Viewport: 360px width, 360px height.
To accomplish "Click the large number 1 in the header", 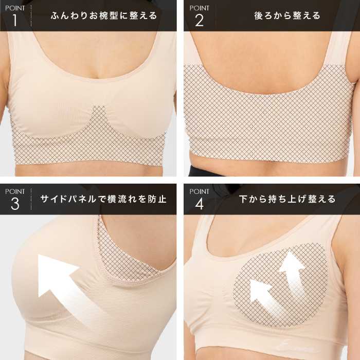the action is pyautogui.click(x=15, y=20).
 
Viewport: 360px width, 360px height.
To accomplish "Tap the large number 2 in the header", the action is pyautogui.click(x=200, y=21).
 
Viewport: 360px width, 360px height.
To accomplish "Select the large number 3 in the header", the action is pyautogui.click(x=15, y=204).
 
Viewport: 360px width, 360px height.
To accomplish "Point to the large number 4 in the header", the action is pyautogui.click(x=200, y=204).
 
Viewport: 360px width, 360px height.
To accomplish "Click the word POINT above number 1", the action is pyautogui.click(x=15, y=8).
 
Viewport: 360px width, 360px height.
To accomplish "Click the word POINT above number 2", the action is pyautogui.click(x=200, y=8).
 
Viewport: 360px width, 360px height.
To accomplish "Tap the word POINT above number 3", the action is pyautogui.click(x=15, y=191).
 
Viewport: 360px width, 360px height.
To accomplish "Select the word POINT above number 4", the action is pyautogui.click(x=200, y=191).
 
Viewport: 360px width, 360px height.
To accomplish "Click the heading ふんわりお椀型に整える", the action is pyautogui.click(x=104, y=15).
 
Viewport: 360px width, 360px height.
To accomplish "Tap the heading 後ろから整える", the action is pyautogui.click(x=287, y=15).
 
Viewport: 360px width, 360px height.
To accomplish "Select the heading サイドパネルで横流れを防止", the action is pyautogui.click(x=103, y=199).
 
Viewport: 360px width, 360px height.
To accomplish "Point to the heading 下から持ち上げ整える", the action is pyautogui.click(x=287, y=199).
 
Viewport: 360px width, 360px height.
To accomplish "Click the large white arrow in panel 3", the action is pyautogui.click(x=69, y=286).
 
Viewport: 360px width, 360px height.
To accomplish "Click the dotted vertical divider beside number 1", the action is pyautogui.click(x=31, y=15).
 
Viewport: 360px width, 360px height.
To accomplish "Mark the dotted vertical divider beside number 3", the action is pyautogui.click(x=31, y=199).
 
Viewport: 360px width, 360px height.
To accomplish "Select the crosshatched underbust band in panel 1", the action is pyautogui.click(x=89, y=147).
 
